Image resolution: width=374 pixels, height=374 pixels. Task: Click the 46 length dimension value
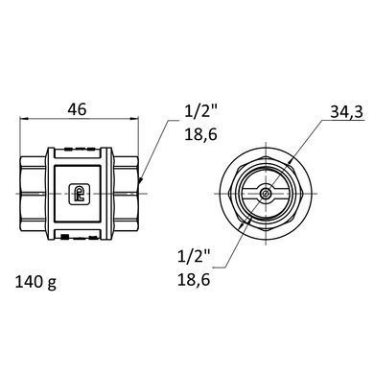(x=77, y=109)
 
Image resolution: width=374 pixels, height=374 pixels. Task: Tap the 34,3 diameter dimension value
(x=347, y=112)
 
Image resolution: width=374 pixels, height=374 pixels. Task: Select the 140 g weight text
(x=35, y=282)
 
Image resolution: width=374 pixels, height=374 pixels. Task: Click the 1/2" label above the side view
(x=201, y=111)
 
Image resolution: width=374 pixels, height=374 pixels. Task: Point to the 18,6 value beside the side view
(x=201, y=134)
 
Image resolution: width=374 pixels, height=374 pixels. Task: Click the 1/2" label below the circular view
(x=195, y=256)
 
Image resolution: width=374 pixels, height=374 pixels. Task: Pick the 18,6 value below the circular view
(x=194, y=280)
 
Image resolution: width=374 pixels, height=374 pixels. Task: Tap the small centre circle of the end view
(x=265, y=194)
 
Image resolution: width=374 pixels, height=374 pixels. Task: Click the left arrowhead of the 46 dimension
(x=24, y=119)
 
